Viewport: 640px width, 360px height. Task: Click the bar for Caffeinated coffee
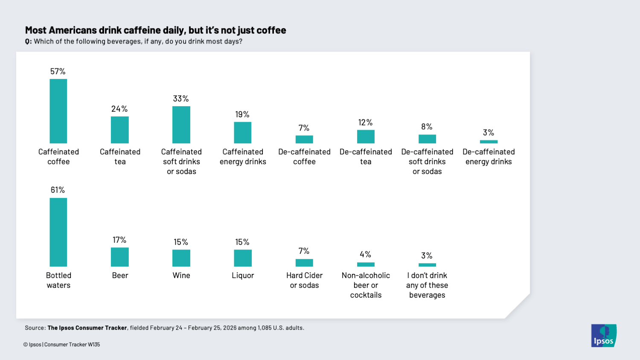(58, 111)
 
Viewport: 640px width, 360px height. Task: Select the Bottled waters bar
(58, 232)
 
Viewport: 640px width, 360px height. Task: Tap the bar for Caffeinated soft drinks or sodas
(181, 125)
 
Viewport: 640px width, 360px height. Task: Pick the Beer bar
(120, 257)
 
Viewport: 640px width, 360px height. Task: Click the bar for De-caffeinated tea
(366, 136)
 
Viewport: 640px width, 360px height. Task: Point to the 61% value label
(58, 190)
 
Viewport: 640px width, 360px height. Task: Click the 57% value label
(58, 71)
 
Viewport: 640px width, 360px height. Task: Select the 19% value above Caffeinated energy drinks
(242, 114)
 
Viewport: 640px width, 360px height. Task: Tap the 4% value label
(366, 254)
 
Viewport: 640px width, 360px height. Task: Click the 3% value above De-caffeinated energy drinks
(489, 133)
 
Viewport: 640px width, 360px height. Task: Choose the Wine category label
(181, 276)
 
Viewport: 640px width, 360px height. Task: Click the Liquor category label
(243, 276)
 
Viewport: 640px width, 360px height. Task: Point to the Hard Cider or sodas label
(304, 280)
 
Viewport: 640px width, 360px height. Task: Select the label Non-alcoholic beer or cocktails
(366, 285)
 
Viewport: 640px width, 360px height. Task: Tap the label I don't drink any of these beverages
(427, 285)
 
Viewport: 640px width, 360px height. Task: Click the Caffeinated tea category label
(120, 157)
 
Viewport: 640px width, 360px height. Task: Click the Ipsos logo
(604, 336)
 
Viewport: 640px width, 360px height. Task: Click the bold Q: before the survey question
(28, 41)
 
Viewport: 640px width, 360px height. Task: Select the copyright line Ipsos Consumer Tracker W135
(62, 345)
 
